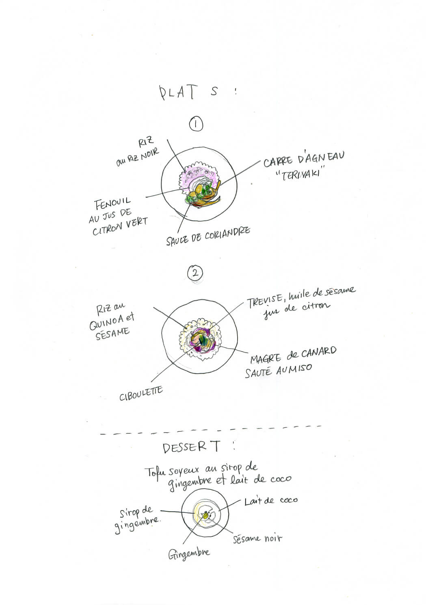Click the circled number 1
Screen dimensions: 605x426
[196, 124]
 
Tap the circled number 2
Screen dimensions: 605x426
[195, 273]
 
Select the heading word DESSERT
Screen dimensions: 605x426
[192, 447]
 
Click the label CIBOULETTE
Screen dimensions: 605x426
[141, 393]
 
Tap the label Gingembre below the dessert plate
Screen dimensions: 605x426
[189, 553]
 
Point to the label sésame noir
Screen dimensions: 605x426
[257, 539]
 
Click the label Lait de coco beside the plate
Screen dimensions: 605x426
[271, 501]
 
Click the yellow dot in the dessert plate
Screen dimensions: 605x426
[206, 516]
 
